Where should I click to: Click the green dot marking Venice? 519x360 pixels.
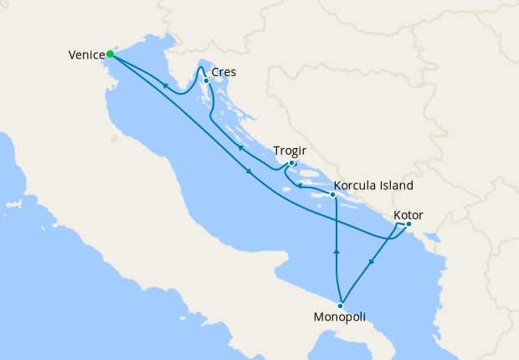click(x=110, y=55)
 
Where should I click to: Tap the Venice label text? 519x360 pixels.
click(x=86, y=55)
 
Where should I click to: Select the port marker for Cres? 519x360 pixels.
click(x=206, y=80)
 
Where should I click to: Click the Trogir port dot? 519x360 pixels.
click(x=291, y=163)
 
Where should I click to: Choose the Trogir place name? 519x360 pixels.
click(x=290, y=151)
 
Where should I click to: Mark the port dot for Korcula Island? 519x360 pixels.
click(x=332, y=195)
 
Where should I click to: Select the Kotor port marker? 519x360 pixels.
click(x=409, y=224)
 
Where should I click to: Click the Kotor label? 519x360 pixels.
click(x=408, y=216)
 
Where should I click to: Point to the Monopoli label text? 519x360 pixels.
click(x=339, y=318)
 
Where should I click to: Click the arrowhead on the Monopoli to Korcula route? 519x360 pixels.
click(x=337, y=250)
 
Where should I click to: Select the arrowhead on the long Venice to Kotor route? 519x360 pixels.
click(x=249, y=172)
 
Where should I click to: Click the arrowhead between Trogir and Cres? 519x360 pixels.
click(x=239, y=148)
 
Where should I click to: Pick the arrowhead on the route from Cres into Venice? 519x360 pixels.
click(x=165, y=85)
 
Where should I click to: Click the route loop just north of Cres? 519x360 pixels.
click(x=202, y=65)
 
